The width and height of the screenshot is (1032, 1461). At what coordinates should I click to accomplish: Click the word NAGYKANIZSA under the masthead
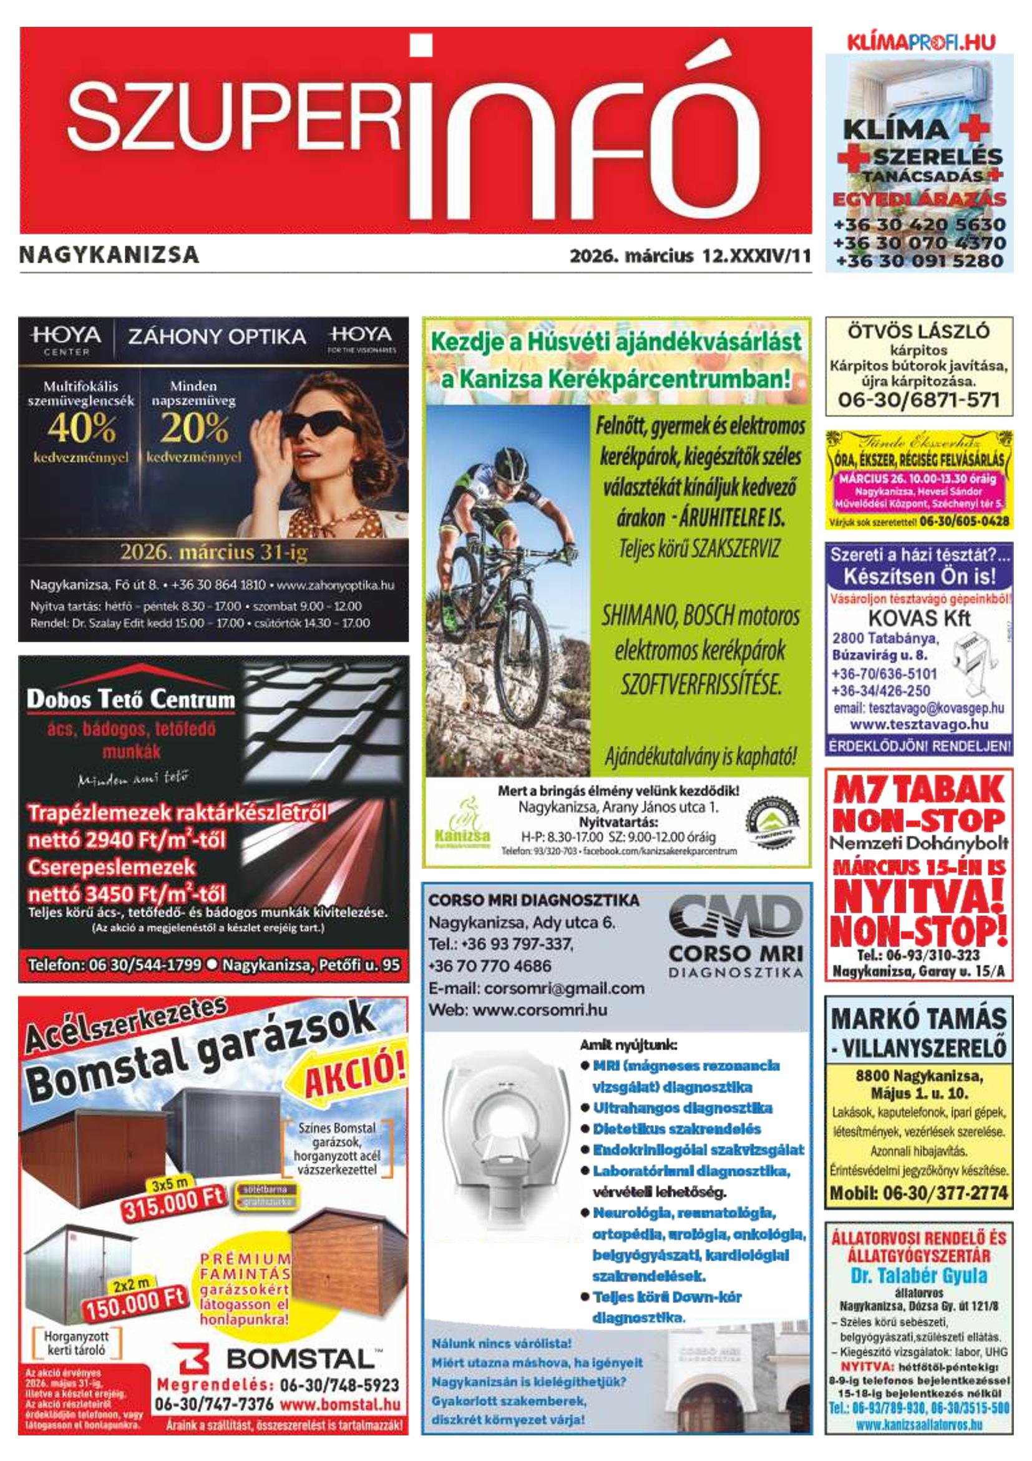[x=109, y=256]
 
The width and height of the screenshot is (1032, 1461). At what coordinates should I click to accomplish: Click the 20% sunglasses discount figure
[x=194, y=431]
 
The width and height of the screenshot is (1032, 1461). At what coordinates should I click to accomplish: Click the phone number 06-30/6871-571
[x=918, y=401]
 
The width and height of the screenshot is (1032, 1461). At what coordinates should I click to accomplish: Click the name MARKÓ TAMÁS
[x=919, y=1020]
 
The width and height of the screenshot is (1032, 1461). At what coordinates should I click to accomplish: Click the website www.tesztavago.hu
[x=919, y=725]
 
